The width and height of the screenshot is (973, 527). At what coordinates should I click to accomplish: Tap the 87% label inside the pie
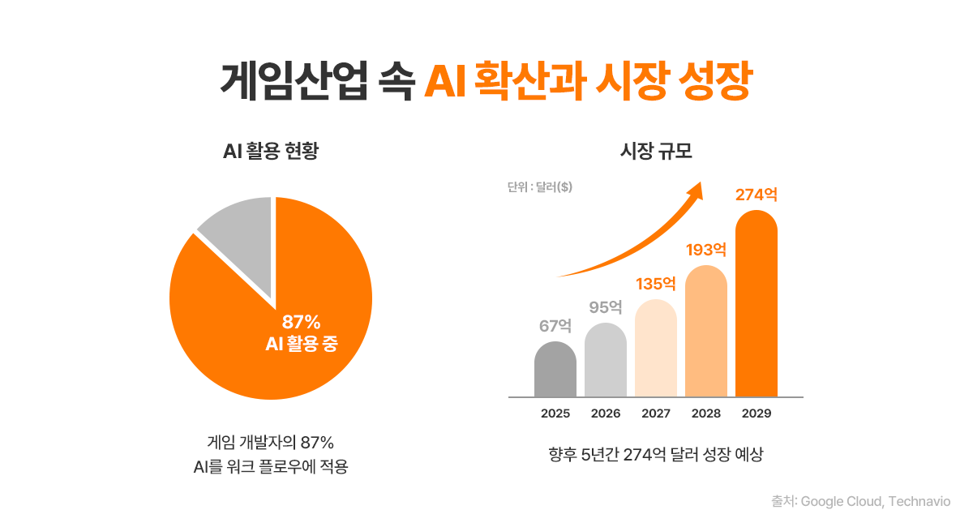302,322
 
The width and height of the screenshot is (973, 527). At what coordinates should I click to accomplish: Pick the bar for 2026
606,361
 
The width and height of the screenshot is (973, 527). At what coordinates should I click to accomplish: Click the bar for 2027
656,349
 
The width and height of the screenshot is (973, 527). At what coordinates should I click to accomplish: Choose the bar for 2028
706,332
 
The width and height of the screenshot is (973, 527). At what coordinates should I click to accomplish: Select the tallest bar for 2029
757,304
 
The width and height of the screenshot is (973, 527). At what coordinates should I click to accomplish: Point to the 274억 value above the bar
757,195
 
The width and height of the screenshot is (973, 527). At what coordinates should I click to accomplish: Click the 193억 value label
706,250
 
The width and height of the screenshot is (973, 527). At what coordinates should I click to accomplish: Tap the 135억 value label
656,284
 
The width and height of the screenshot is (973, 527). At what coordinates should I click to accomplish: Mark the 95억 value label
606,307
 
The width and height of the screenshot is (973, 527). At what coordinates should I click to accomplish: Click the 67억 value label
555,326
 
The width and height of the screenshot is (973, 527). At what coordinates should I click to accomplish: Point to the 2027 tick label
656,413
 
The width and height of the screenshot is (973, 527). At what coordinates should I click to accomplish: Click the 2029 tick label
757,413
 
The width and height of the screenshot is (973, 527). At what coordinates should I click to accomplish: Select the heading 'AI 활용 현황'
271,152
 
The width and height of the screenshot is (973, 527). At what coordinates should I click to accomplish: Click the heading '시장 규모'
655,152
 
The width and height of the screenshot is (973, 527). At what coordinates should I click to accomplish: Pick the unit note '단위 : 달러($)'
540,187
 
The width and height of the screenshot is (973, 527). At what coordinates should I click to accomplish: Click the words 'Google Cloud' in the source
841,502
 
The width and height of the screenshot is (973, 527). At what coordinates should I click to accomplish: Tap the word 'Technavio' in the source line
919,502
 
